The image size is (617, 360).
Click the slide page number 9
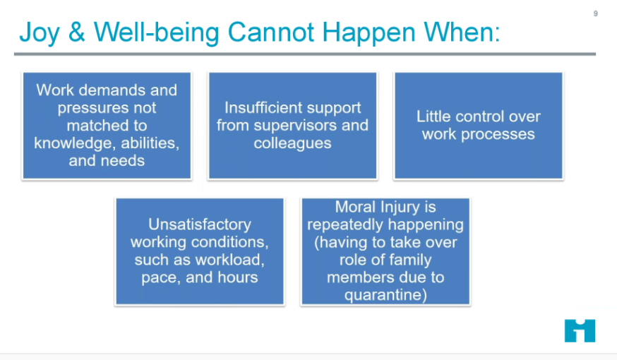point(595,13)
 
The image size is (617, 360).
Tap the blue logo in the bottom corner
point(580,330)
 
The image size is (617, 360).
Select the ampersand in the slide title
point(79,32)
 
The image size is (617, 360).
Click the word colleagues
point(292,143)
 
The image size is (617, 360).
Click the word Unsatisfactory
point(199,224)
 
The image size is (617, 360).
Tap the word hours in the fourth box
point(238,277)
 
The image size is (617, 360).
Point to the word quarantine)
point(385,295)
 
